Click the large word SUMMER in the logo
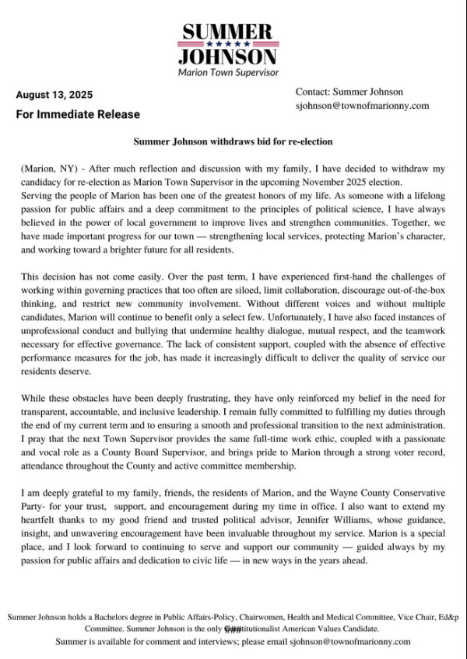click(x=227, y=32)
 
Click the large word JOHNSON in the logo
click(x=227, y=57)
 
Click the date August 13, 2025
click(x=54, y=95)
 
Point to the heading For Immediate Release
click(x=78, y=114)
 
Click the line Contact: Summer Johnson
click(x=349, y=91)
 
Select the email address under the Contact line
click(x=363, y=105)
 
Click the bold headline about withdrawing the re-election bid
click(x=233, y=142)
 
